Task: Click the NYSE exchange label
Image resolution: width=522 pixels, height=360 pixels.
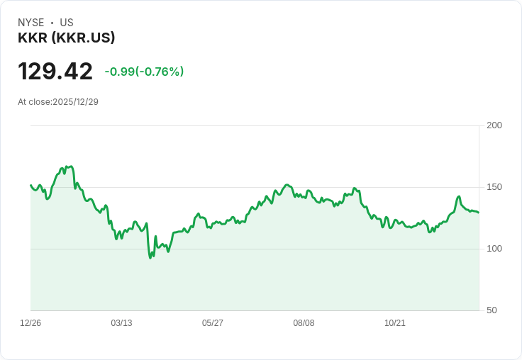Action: click(30, 23)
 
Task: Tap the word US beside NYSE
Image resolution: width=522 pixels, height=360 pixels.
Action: click(67, 23)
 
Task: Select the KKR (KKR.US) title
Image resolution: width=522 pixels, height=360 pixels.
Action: click(66, 38)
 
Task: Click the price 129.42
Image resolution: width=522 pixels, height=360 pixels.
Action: click(55, 72)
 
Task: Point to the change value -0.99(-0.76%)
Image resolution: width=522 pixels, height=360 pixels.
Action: click(144, 72)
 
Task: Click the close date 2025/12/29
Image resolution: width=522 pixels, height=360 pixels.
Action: click(75, 102)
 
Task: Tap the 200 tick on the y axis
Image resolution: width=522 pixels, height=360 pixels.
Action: click(494, 125)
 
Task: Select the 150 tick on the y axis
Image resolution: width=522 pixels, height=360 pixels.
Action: click(494, 187)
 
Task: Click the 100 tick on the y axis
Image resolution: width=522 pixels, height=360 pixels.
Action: click(494, 249)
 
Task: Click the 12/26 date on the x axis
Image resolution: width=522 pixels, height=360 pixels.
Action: click(30, 323)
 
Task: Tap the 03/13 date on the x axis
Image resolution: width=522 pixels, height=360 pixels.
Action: click(121, 323)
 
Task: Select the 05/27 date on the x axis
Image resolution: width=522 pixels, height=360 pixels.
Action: click(213, 323)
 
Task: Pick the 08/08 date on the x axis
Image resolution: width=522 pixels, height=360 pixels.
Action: click(304, 323)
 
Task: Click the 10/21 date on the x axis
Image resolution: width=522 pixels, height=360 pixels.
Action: click(395, 323)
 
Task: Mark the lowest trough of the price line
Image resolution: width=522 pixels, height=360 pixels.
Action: click(150, 258)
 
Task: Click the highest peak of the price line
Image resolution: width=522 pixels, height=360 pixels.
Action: click(70, 167)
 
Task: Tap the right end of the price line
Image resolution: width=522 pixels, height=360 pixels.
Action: click(479, 213)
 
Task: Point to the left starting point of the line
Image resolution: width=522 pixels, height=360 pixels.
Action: click(30, 185)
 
